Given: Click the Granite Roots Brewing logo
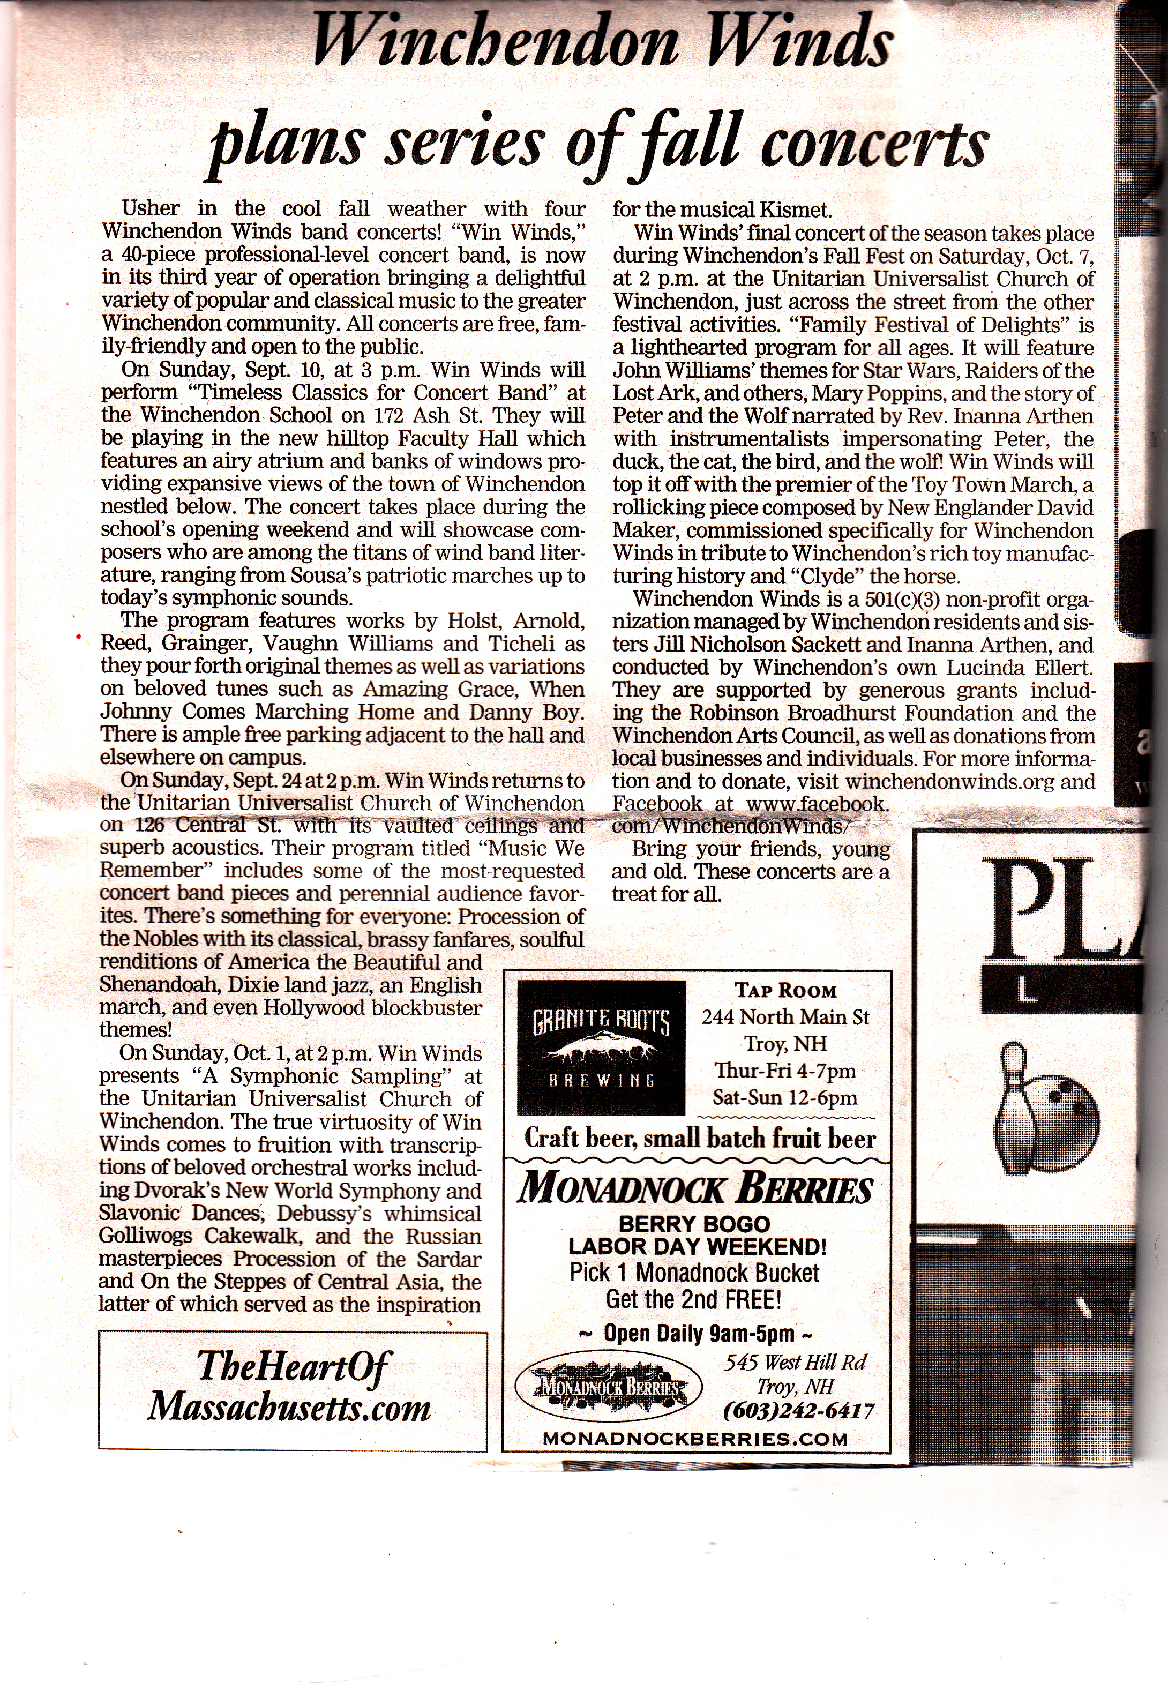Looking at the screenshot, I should pyautogui.click(x=601, y=1047).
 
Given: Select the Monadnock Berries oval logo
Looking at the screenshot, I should pyautogui.click(x=608, y=1386).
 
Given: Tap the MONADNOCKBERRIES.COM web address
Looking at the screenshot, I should pyautogui.click(x=695, y=1439).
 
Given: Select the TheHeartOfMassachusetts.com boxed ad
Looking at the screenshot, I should pyautogui.click(x=292, y=1388).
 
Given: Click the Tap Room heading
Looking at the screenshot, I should pyautogui.click(x=785, y=991).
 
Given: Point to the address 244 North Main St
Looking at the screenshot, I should pyautogui.click(x=785, y=1017).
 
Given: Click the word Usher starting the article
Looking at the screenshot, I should pyautogui.click(x=151, y=208).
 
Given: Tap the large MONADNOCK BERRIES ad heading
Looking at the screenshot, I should pyautogui.click(x=694, y=1189).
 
